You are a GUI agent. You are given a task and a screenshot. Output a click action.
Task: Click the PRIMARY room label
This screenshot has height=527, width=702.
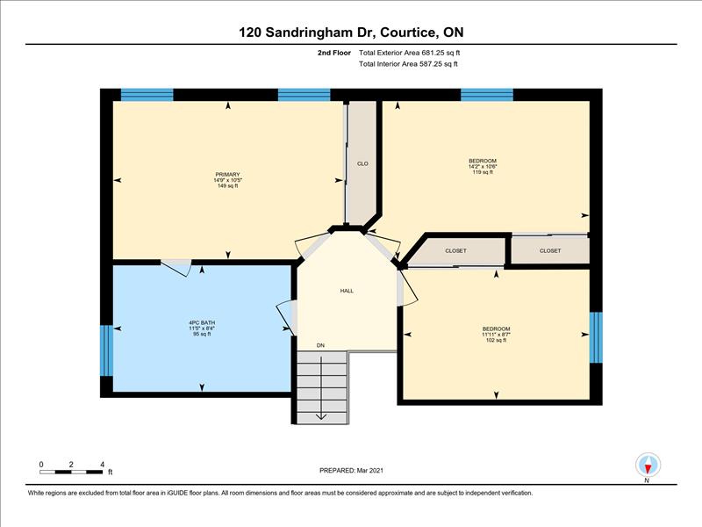tap(227, 174)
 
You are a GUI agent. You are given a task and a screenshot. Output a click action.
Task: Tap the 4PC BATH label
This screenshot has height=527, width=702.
tap(202, 322)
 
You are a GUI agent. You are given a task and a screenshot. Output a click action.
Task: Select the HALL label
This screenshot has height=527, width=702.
tap(347, 291)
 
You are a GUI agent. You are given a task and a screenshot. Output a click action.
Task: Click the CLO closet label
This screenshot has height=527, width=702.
tap(362, 163)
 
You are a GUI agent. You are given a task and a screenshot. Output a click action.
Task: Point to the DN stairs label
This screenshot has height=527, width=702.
tap(320, 345)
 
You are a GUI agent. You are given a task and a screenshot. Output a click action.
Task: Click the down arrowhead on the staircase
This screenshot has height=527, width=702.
tap(321, 416)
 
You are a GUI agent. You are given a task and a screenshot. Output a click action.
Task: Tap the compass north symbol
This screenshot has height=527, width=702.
tap(648, 466)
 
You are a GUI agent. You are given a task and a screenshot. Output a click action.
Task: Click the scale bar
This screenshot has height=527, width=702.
tap(71, 472)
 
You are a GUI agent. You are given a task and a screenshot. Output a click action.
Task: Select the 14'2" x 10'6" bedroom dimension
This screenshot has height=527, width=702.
tap(483, 166)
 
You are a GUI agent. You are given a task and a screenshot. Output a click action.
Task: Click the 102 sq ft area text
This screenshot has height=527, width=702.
tap(496, 340)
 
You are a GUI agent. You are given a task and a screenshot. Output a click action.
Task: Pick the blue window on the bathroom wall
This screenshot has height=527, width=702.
tap(106, 350)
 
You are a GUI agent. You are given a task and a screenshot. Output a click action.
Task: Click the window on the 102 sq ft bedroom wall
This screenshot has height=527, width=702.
tap(596, 337)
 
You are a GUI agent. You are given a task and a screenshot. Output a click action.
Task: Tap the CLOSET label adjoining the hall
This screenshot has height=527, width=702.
tap(455, 251)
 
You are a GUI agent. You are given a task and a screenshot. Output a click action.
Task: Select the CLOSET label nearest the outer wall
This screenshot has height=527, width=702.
tap(550, 251)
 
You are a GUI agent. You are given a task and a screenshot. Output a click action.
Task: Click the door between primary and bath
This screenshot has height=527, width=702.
tap(176, 267)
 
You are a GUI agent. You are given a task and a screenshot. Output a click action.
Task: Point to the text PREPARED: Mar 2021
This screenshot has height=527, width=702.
tap(352, 471)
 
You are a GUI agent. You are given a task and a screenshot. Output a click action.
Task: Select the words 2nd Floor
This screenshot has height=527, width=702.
tap(334, 53)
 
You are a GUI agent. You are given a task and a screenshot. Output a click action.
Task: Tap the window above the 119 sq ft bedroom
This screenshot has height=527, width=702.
tap(487, 95)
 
